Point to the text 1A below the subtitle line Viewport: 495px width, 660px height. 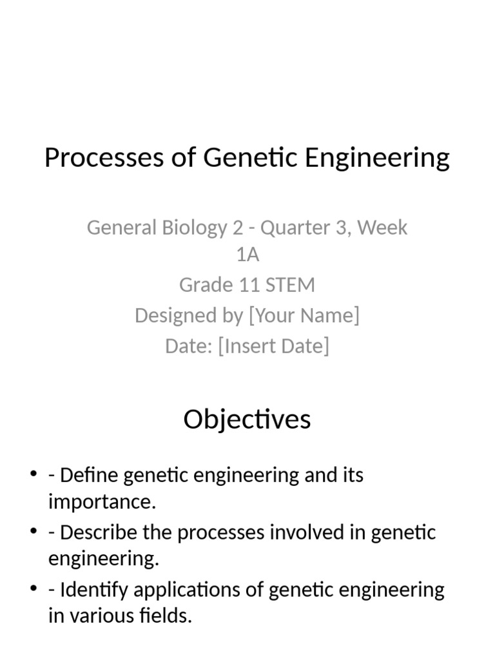point(247,255)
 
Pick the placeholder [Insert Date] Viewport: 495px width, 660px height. point(274,345)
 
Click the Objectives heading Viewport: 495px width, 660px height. point(247,420)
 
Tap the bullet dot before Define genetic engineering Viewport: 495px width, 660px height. point(34,475)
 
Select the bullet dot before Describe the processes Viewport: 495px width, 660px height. point(34,532)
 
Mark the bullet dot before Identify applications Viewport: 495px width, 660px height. point(34,589)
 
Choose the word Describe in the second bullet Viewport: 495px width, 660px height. point(98,533)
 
